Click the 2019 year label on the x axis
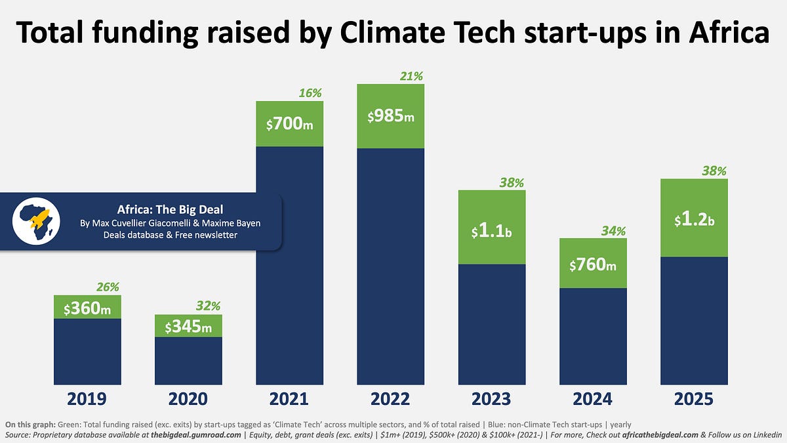(87, 399)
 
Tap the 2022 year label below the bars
(390, 399)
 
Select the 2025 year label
(693, 399)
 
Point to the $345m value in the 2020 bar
(188, 326)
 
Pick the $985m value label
(390, 116)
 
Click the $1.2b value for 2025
(693, 220)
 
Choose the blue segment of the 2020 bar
(188, 361)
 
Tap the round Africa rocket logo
(36, 221)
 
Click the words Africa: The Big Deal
(170, 210)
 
